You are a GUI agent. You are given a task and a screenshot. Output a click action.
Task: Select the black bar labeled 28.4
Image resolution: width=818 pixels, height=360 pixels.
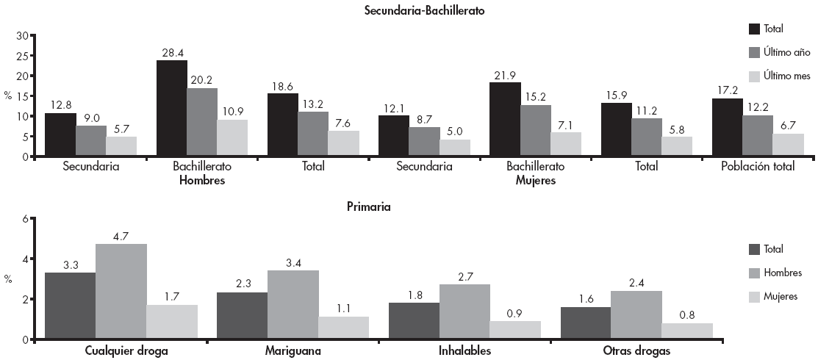(x=172, y=108)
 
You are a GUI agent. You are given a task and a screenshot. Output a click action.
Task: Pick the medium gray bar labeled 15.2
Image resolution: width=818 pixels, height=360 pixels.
(x=535, y=131)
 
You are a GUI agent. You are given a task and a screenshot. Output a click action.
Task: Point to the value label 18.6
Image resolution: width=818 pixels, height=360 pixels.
(x=282, y=86)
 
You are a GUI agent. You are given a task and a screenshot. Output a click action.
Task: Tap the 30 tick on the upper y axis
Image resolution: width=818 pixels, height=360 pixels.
(x=21, y=35)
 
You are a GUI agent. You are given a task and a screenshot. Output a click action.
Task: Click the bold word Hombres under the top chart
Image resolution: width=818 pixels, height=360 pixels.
(x=201, y=181)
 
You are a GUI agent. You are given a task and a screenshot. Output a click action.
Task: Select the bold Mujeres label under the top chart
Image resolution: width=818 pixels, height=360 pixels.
(x=534, y=181)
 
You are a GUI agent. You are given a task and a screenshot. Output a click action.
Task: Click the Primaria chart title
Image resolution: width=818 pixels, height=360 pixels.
(x=368, y=206)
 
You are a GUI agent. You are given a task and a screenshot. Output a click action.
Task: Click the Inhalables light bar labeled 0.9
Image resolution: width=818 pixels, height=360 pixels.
(x=514, y=330)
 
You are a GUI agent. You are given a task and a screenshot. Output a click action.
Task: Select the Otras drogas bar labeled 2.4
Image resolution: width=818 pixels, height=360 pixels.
(x=636, y=315)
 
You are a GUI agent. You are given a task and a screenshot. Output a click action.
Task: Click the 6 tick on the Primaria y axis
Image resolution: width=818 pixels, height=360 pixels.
(x=25, y=219)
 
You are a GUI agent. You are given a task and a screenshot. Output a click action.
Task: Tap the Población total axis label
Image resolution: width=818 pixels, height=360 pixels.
(x=757, y=167)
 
